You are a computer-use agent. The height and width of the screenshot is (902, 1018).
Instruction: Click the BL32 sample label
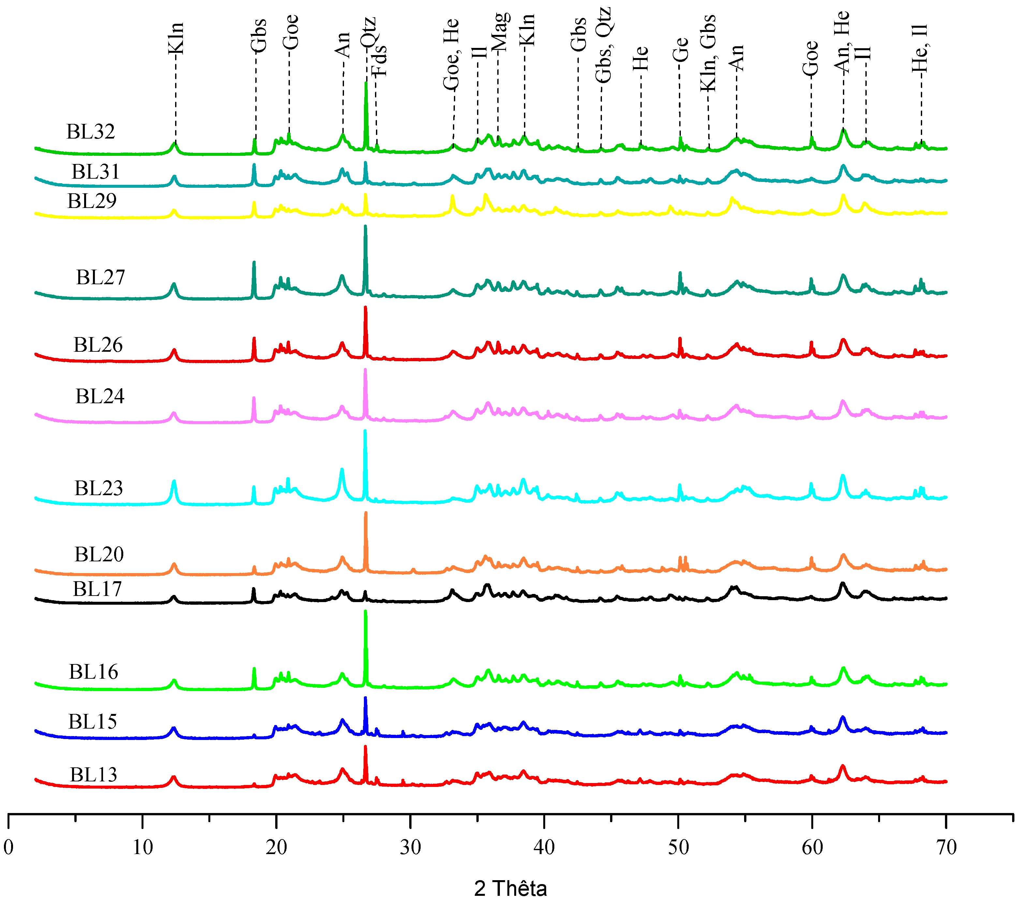tap(91, 132)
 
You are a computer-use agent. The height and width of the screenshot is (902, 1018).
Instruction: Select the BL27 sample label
tap(101, 277)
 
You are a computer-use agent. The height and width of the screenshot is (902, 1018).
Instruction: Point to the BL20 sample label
tap(99, 554)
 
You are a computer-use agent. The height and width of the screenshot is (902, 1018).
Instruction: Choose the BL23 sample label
tap(98, 488)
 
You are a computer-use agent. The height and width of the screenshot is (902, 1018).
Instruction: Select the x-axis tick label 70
tap(946, 847)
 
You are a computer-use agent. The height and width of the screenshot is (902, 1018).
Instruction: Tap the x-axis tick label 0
tap(8, 847)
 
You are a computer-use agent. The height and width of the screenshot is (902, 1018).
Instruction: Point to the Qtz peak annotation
tap(368, 32)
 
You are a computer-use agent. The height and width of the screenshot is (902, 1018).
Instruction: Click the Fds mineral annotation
tap(380, 60)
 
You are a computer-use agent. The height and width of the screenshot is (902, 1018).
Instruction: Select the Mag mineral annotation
tap(500, 32)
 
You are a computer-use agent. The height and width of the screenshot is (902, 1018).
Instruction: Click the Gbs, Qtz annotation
tap(603, 45)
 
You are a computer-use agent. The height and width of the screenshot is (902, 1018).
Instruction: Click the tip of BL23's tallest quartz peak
tap(365, 431)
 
